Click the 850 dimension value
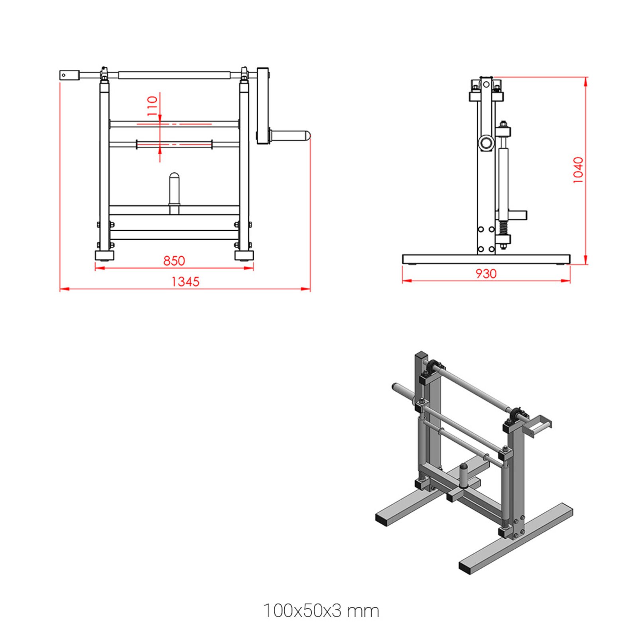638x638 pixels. pyautogui.click(x=174, y=261)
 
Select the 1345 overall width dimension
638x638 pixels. pyautogui.click(x=185, y=282)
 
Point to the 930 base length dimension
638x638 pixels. pyautogui.click(x=486, y=274)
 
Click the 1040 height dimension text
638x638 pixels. pyautogui.click(x=578, y=170)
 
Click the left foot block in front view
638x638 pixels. pyautogui.click(x=104, y=255)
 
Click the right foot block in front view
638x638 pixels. pyautogui.click(x=244, y=255)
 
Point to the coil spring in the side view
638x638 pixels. pyautogui.click(x=503, y=228)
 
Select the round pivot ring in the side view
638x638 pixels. pyautogui.click(x=486, y=142)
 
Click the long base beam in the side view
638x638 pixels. pyautogui.click(x=486, y=259)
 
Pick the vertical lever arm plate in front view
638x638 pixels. pyautogui.click(x=262, y=106)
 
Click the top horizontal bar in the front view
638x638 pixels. pyautogui.click(x=174, y=75)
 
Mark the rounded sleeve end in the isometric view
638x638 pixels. pyautogui.click(x=396, y=387)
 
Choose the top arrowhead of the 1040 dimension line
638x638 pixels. pyautogui.click(x=585, y=81)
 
